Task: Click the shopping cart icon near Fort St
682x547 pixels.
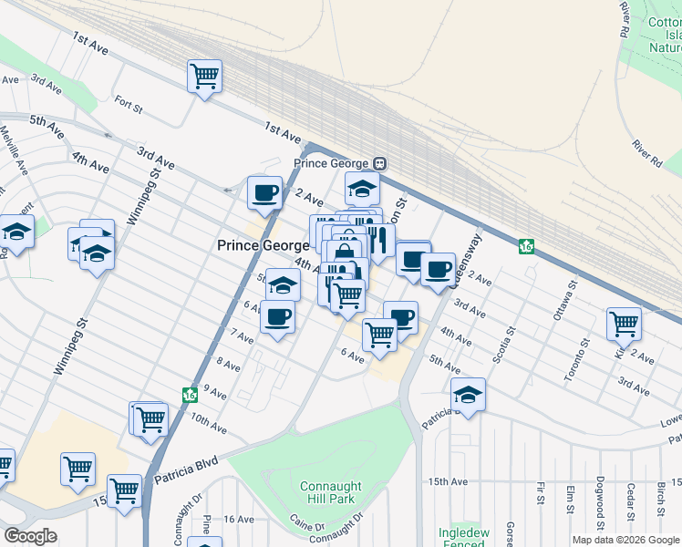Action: (x=205, y=75)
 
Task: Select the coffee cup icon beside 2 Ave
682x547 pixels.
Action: (x=265, y=192)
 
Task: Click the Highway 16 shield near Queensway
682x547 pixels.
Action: (x=526, y=246)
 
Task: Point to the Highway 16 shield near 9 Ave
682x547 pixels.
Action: (x=190, y=395)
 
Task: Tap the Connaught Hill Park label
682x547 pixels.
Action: (x=331, y=493)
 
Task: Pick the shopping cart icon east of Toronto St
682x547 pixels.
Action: (x=624, y=323)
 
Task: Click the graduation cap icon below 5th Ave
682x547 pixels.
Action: (x=468, y=394)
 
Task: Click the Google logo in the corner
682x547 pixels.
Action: (x=30, y=535)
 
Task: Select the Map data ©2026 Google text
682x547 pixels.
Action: (x=625, y=540)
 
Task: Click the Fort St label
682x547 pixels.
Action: (x=129, y=105)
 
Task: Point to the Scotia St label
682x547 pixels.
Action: (x=502, y=345)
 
